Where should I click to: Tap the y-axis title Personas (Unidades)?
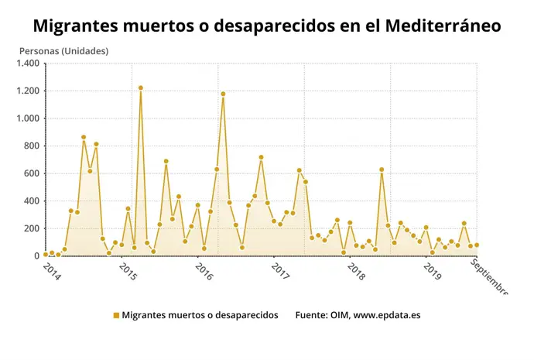pos(63,51)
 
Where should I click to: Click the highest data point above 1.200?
pos(141,88)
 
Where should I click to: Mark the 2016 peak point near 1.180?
pos(223,94)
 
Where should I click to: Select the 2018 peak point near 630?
pos(382,170)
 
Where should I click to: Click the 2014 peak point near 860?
pos(84,138)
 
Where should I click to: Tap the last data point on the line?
pos(477,245)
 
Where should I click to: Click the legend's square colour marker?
pos(116,315)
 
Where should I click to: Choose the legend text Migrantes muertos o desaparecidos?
pos(200,315)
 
